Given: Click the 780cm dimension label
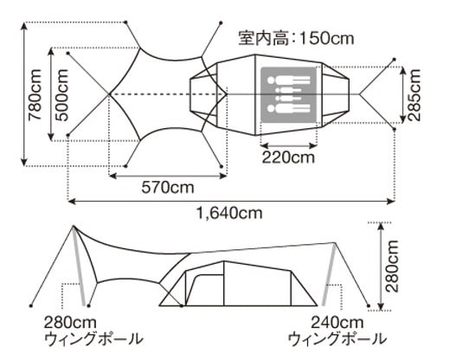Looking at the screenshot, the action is click(35, 94).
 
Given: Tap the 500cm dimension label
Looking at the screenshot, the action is click(61, 95).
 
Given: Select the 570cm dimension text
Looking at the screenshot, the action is click(168, 188).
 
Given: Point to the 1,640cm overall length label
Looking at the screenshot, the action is click(229, 214).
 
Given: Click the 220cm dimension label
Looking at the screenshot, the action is click(288, 157).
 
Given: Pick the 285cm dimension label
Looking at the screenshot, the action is click(414, 94).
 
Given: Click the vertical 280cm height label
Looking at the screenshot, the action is click(392, 266).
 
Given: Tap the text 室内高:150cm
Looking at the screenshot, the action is click(296, 38).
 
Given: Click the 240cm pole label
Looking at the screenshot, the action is click(337, 323).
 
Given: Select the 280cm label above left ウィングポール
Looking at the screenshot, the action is click(70, 323).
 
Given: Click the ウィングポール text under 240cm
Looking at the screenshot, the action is click(337, 338).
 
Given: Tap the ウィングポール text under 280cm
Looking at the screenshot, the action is click(93, 338).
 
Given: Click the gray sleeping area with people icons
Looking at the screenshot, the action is click(288, 94).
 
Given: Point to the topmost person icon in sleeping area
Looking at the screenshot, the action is click(288, 80).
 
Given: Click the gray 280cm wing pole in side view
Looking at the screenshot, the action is click(79, 266).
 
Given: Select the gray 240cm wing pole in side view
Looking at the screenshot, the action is click(329, 274).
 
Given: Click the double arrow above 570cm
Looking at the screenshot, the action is click(168, 176).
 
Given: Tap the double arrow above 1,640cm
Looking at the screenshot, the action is click(231, 201).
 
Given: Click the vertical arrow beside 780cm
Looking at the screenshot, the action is click(24, 94).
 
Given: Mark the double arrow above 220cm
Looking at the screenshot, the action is click(289, 145).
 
